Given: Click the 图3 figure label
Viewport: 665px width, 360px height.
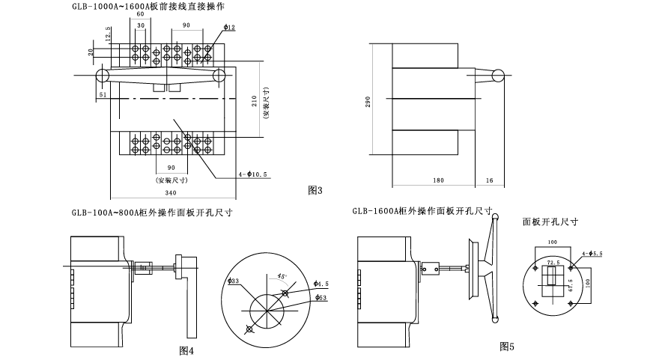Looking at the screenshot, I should pos(315,191).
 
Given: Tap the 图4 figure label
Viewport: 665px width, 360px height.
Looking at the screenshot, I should pos(186,350).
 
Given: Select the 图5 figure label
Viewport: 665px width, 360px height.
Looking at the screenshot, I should pos(507,346).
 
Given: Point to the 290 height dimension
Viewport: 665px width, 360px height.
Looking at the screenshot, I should pos(368,102).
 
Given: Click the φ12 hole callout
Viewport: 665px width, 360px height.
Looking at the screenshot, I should pos(229,28).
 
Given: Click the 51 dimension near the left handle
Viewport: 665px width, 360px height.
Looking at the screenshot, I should pos(103,95).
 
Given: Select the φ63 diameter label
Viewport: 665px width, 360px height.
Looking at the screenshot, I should pos(321,299).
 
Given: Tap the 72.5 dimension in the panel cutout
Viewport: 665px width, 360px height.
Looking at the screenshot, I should pos(553,263).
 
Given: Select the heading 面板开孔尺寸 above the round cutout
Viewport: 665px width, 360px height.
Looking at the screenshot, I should pos(550,222).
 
